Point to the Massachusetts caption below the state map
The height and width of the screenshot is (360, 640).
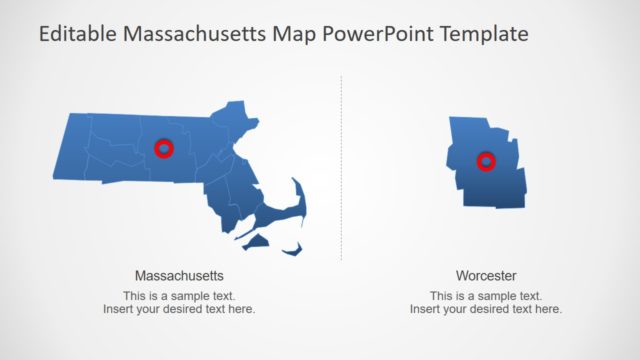(x=179, y=275)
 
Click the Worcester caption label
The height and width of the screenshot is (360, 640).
(x=486, y=275)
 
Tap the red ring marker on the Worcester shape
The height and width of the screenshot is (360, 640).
(x=486, y=161)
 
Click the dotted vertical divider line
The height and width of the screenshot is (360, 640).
(x=341, y=170)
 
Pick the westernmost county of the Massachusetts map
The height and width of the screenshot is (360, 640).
(x=72, y=150)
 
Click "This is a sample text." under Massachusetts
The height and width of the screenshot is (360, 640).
(x=179, y=296)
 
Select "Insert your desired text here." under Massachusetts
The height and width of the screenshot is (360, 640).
(x=179, y=309)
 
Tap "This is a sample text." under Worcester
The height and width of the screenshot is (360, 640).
(x=486, y=296)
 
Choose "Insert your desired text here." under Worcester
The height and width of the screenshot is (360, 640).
(x=486, y=309)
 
